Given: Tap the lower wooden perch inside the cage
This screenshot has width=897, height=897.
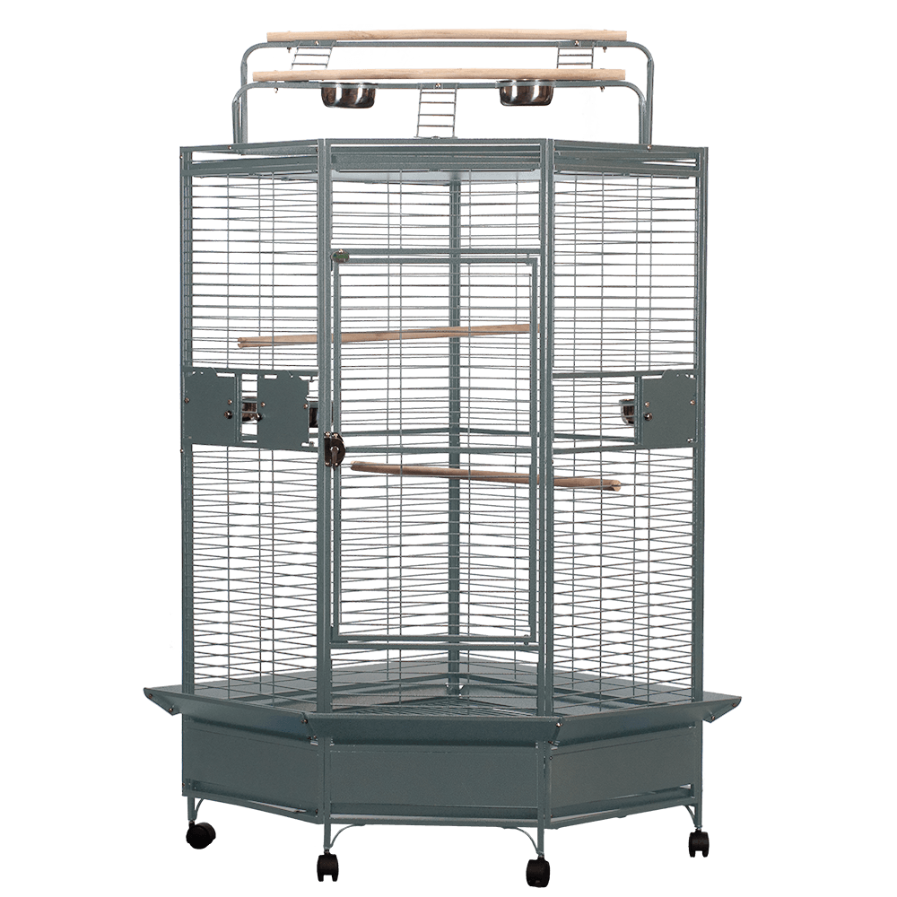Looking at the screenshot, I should pos(484,475).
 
